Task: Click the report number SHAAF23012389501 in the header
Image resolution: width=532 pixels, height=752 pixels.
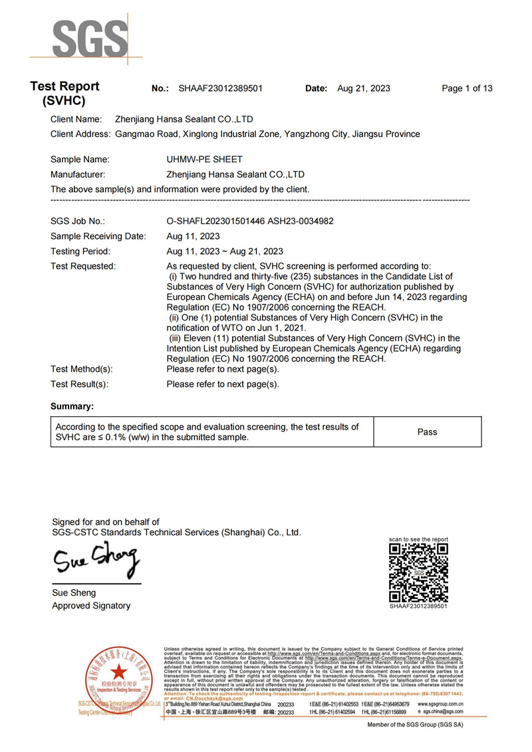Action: (221, 88)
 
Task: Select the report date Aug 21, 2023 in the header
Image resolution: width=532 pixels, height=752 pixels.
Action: (364, 88)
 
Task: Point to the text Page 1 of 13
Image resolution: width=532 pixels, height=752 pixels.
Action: (467, 88)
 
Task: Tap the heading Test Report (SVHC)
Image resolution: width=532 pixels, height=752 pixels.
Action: (65, 94)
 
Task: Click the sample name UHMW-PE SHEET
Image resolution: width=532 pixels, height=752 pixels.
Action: (204, 160)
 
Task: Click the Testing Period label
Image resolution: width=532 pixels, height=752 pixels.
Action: (80, 251)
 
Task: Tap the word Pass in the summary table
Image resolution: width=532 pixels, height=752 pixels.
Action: (427, 432)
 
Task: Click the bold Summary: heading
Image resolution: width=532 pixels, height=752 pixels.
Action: (72, 406)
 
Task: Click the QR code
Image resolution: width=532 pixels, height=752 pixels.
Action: (418, 572)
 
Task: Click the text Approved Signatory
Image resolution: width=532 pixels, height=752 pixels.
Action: (91, 606)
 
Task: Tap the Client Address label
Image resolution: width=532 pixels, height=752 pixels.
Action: (80, 134)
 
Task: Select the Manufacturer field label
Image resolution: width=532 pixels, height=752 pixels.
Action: (78, 175)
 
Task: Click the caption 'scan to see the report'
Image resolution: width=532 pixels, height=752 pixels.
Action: (418, 539)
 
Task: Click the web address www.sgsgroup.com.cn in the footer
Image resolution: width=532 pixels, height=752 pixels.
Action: (440, 703)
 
